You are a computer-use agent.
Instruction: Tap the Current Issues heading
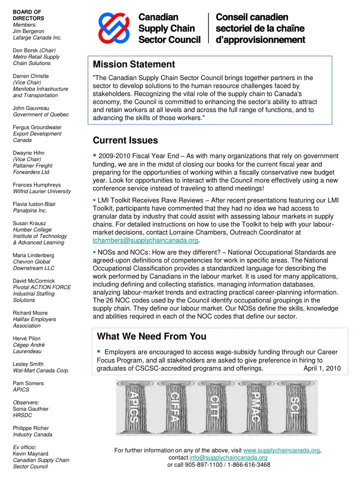(125, 140)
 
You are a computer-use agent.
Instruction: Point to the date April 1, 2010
(322, 368)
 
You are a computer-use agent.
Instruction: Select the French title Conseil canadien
(252, 17)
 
